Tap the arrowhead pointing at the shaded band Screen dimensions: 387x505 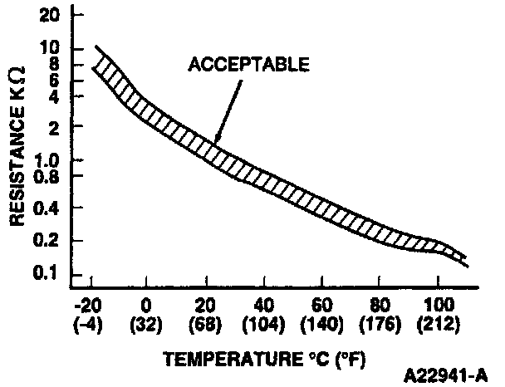(217, 140)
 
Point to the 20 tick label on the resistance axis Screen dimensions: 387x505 (49, 14)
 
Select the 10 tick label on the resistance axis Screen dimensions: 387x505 (49, 47)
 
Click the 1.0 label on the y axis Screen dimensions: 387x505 (47, 159)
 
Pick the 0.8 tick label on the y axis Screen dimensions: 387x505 (47, 175)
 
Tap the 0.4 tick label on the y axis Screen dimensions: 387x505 (47, 208)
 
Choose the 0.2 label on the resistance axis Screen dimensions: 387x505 (47, 240)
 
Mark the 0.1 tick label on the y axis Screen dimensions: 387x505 (47, 273)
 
